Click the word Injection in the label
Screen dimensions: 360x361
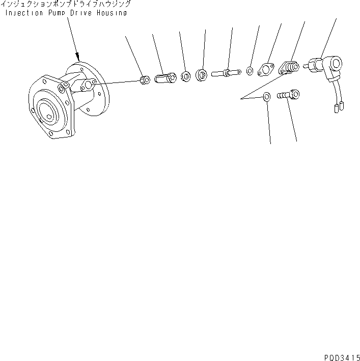point(24,13)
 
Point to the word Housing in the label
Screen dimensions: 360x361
point(112,13)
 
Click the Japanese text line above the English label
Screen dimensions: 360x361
point(66,4)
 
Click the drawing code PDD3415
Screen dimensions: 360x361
point(342,357)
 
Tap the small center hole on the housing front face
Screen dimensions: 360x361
point(49,117)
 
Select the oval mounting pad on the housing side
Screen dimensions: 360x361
point(88,85)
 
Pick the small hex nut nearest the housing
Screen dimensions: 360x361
point(145,80)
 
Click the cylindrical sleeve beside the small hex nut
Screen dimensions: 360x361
point(165,78)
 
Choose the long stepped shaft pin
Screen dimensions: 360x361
point(226,73)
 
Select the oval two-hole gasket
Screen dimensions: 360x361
point(266,70)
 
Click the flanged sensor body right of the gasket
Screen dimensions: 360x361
point(289,67)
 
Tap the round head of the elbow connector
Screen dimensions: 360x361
point(336,63)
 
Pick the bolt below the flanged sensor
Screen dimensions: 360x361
point(288,94)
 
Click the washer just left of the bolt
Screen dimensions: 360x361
point(266,97)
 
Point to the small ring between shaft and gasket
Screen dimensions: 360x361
point(250,71)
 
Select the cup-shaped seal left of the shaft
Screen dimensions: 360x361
point(202,75)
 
